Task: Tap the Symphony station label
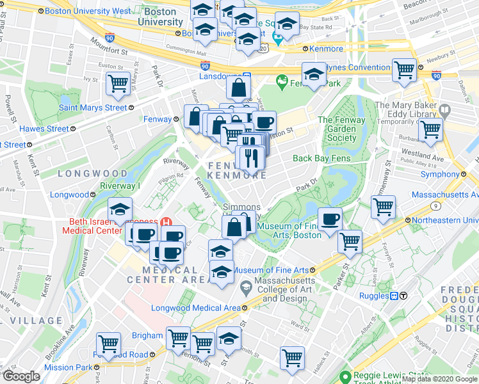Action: point(441,174)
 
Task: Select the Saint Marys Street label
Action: point(93,108)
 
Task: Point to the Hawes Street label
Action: point(44,129)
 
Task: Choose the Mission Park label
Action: point(68,368)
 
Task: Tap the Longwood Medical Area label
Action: point(195,308)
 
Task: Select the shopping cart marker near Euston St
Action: point(119,83)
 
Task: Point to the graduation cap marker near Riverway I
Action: point(119,208)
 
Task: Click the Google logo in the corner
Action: point(21,376)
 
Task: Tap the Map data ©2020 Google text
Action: point(439,379)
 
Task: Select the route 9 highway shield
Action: point(435,205)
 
